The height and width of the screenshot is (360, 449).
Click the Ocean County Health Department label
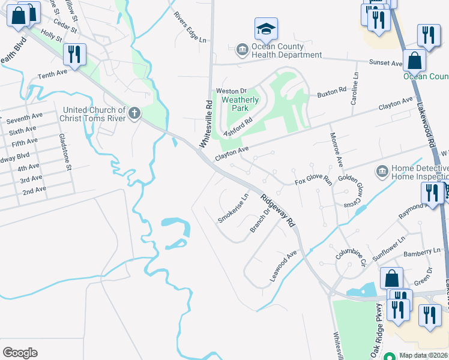pos(286,50)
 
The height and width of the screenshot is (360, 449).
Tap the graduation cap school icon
pos(266,29)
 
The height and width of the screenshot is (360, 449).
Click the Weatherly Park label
pos(240,104)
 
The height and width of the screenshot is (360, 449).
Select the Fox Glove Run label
pos(313,180)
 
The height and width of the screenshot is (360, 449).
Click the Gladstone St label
pos(65,152)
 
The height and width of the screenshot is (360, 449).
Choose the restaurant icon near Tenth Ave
pos(74,55)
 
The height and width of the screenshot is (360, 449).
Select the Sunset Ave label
pos(385,62)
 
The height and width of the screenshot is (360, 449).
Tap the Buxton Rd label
pos(332,93)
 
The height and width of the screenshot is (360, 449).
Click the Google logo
pos(20,353)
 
